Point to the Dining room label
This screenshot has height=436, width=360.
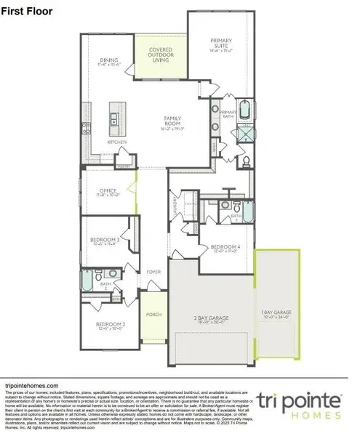click(x=111, y=62)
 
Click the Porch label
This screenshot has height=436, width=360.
click(x=153, y=315)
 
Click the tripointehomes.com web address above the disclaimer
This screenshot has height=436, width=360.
click(x=32, y=386)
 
